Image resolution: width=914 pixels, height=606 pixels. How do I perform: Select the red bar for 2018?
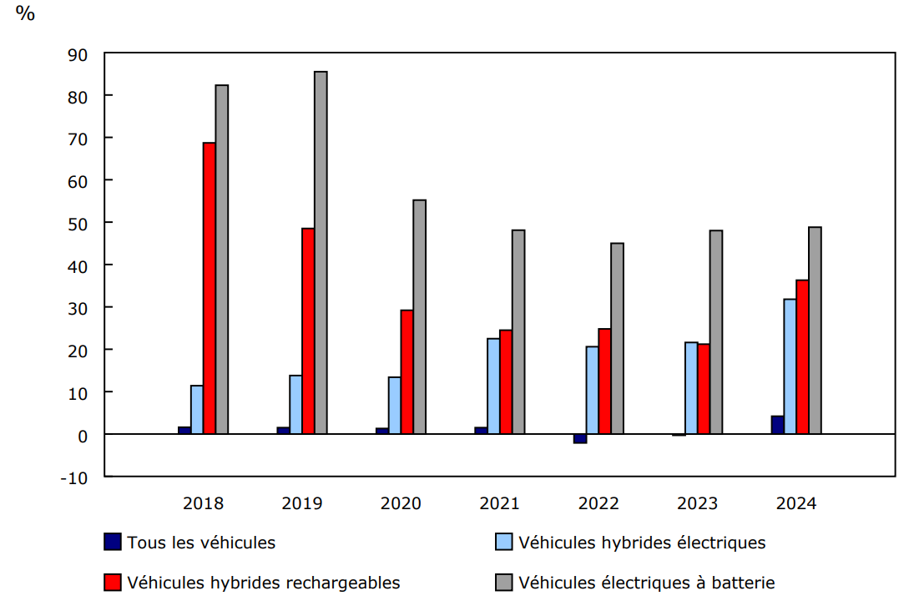click(210, 288)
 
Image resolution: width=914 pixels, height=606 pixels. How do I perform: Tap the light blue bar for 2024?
click(790, 366)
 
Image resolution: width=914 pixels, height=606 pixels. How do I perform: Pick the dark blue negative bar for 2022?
click(579, 438)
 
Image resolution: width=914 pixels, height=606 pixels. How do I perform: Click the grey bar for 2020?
click(419, 316)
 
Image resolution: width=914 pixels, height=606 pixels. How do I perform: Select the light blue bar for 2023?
click(691, 388)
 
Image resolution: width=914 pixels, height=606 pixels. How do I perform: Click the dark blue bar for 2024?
click(777, 425)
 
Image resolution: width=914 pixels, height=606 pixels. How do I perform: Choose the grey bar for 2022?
click(617, 338)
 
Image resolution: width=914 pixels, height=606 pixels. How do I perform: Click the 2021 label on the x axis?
click(500, 503)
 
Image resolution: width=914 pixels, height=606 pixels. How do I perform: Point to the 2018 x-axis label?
click(203, 503)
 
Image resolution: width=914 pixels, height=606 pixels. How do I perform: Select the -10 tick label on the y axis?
click(74, 477)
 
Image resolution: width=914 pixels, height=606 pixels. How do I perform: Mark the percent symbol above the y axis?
click(25, 14)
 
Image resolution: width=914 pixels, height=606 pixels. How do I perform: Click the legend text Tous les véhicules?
click(201, 543)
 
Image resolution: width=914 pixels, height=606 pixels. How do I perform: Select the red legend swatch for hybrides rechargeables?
click(113, 582)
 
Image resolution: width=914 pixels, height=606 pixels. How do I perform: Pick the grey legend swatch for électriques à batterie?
click(504, 582)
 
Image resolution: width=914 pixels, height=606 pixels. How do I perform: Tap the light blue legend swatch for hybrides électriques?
click(504, 543)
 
